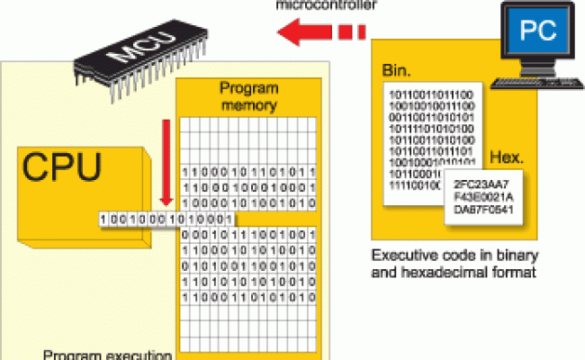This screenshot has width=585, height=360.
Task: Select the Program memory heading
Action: click(246, 98)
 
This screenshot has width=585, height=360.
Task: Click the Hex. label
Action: click(507, 158)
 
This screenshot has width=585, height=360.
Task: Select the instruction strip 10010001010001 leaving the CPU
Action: click(166, 219)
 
